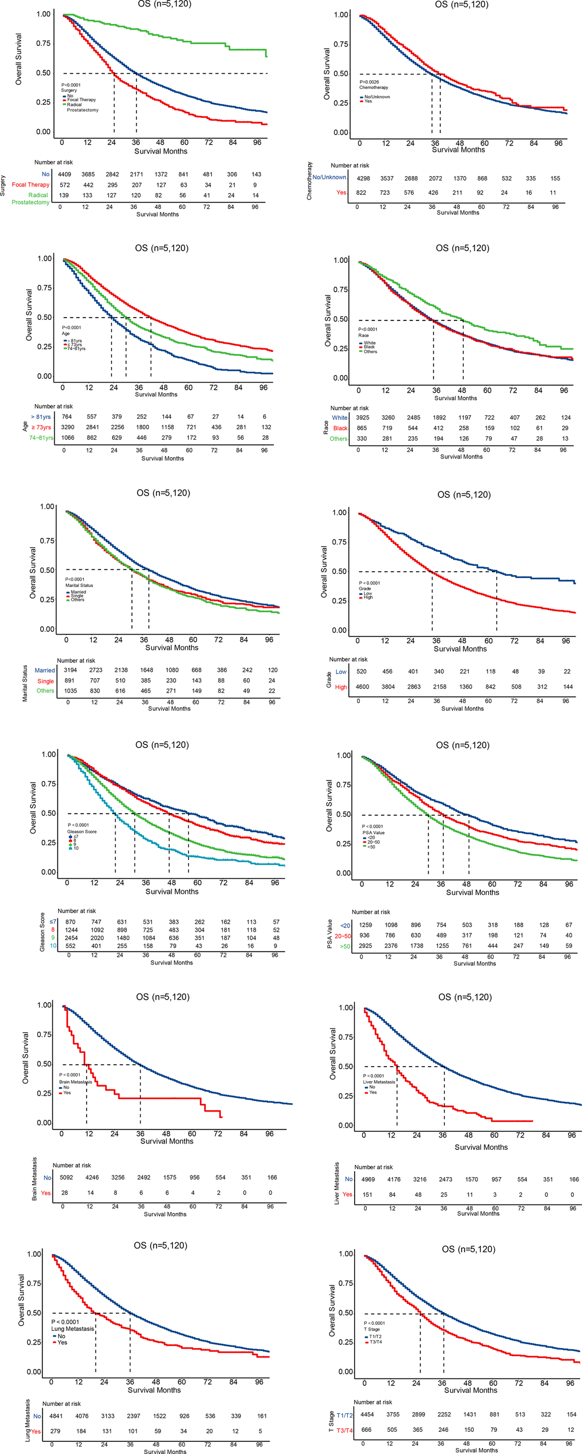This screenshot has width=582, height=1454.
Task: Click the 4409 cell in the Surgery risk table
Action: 64,174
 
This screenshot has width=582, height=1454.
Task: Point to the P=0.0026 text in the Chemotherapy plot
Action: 369,82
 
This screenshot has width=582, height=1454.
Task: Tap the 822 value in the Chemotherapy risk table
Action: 361,193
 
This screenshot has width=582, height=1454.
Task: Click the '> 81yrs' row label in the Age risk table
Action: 41,417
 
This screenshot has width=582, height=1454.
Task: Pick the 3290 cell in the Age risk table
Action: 67,427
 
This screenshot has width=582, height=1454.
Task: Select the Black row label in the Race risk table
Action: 340,428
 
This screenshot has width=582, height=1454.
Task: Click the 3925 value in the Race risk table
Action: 362,418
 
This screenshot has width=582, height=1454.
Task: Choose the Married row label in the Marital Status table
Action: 45,671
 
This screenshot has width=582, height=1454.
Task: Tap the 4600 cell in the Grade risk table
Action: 362,687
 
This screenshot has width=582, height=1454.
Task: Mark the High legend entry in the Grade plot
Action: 368,597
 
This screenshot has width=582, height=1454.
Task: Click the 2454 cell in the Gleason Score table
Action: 71,938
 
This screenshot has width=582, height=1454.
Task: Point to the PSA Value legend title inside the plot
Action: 373,833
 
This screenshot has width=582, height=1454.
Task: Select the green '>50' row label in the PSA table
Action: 345,946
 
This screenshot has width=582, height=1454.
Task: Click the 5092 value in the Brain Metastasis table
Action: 66,1178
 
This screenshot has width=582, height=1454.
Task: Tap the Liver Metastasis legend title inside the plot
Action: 379,1082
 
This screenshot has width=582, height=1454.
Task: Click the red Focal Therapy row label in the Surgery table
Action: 31,185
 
